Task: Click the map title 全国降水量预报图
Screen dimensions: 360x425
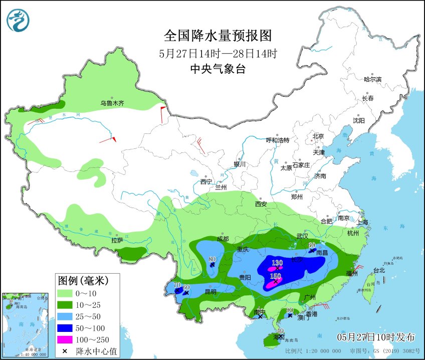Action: (218, 36)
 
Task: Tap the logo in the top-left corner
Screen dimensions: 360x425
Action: (18, 21)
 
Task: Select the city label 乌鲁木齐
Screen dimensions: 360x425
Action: (112, 103)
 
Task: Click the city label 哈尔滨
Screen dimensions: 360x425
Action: (372, 79)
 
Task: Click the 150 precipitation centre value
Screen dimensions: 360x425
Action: (276, 276)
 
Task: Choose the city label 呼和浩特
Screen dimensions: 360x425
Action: (277, 140)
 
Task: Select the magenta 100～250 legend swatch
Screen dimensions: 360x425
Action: (64, 339)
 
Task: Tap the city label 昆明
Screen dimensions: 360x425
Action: (210, 291)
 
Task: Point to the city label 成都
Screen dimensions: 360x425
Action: (223, 239)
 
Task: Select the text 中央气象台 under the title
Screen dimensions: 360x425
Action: (218, 70)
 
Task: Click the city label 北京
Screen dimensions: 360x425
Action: (318, 136)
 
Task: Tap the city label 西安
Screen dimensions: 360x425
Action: (261, 204)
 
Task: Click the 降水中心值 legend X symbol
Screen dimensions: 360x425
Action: (64, 350)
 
